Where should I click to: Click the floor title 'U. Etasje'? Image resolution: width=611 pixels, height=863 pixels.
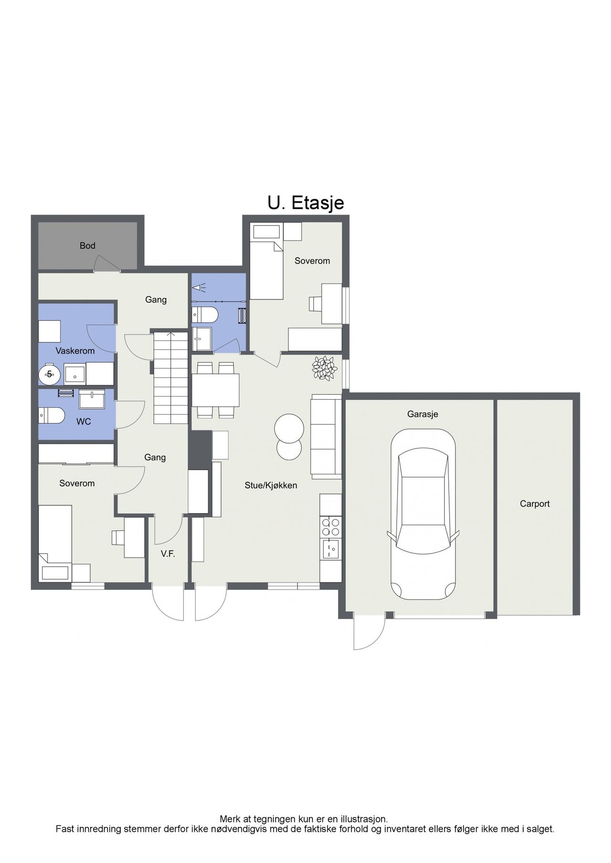coord(305,203)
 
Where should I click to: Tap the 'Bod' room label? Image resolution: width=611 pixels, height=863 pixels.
coord(88,246)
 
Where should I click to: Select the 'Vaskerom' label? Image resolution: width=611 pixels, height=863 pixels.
coord(75,350)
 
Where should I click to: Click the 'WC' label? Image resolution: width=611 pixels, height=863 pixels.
coord(84,421)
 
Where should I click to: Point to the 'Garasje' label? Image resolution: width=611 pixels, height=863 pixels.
coord(422,414)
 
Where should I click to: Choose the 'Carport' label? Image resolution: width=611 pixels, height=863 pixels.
coord(535,503)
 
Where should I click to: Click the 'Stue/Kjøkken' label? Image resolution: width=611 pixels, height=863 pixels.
coord(271,485)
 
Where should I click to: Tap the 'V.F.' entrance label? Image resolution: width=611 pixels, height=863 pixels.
coord(168,554)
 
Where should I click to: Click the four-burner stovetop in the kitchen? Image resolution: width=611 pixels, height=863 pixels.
coord(331,527)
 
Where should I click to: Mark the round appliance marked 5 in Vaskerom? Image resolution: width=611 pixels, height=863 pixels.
coord(49,374)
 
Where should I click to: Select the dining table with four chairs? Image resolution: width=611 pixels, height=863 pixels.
coord(215,390)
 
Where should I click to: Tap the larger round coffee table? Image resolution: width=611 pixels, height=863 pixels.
coord(289,427)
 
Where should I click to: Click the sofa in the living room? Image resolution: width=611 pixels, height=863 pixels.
coord(327,436)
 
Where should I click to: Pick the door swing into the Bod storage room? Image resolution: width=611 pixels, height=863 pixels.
coord(106,263)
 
